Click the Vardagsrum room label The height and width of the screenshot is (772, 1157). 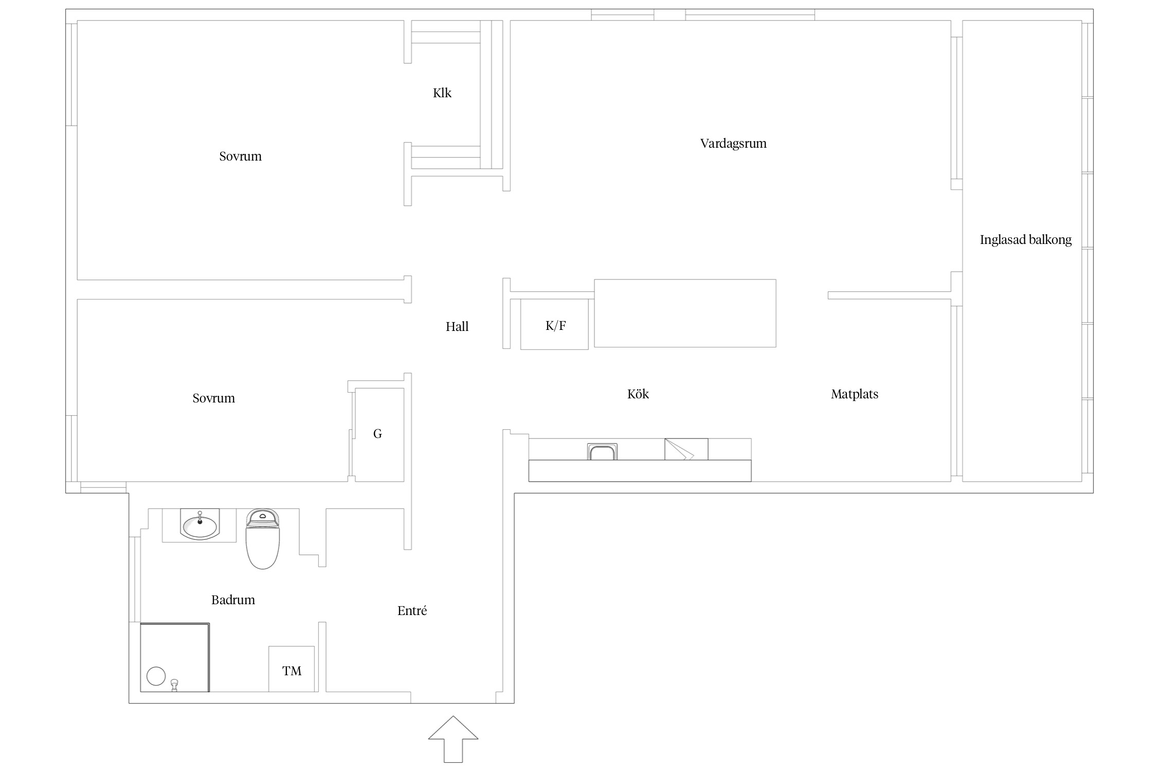tap(733, 144)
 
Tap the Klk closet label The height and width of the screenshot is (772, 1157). tap(442, 93)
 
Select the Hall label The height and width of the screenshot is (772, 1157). tap(457, 327)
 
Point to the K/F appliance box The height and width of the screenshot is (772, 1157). tap(554, 324)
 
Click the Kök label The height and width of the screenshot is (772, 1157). tap(638, 394)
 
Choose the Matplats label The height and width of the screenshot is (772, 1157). tap(855, 394)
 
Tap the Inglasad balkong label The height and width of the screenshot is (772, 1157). tap(1026, 240)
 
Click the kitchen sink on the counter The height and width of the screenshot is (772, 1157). tap(602, 451)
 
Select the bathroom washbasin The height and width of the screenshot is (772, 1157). tap(200, 524)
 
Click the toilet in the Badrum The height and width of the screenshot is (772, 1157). tap(263, 539)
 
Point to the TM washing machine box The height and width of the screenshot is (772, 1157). tap(292, 669)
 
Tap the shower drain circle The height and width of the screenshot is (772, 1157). tap(156, 676)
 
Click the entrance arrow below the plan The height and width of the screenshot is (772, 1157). tap(453, 739)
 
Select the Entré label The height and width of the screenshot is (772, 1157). tap(412, 611)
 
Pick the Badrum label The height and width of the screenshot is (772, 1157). tap(233, 600)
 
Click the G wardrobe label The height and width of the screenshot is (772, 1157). tap(377, 434)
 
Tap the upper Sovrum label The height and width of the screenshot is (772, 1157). tap(241, 156)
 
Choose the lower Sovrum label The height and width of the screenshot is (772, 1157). tap(214, 398)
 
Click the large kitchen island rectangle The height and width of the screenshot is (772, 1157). tap(685, 313)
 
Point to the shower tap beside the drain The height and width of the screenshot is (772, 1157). tap(175, 685)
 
